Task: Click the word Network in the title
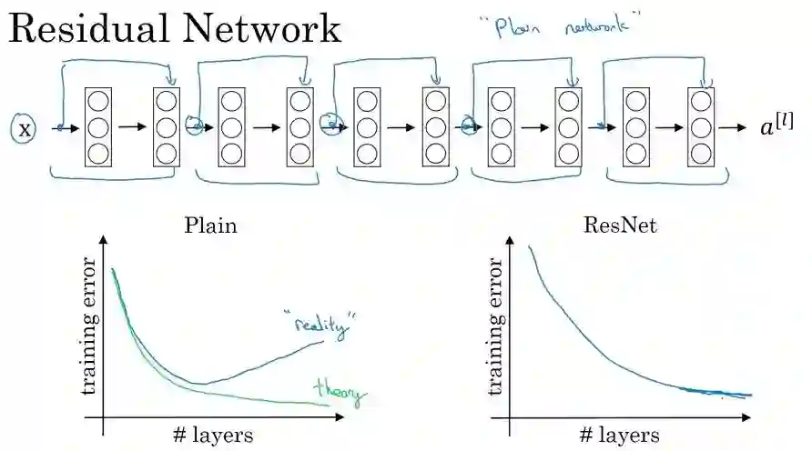pos(264,29)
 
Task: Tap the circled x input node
pos(25,129)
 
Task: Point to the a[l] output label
pos(776,127)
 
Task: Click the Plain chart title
pos(210,225)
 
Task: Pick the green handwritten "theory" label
pos(339,392)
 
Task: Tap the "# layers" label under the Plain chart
pos(210,434)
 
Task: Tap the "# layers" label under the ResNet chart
pos(618,434)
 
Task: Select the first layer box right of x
pos(98,128)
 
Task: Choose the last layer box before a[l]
pos(701,128)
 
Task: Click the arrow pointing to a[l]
pos(731,127)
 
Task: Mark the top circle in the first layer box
pos(98,101)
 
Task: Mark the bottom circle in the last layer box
pos(701,153)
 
